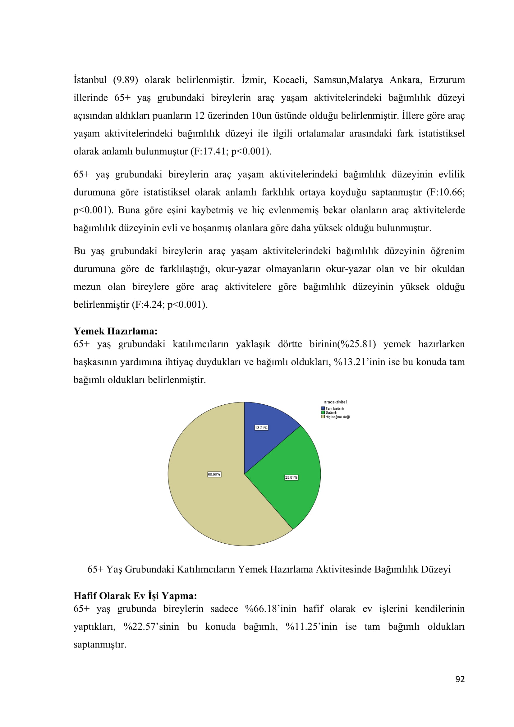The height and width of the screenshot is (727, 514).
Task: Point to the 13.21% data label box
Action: click(x=261, y=428)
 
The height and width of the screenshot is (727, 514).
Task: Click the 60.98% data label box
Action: click(x=214, y=474)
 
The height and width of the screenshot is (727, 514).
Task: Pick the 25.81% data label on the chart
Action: click(x=291, y=477)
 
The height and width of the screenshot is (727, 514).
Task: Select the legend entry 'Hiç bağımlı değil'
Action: click(x=337, y=417)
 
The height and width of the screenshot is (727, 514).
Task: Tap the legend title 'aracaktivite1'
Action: click(x=336, y=402)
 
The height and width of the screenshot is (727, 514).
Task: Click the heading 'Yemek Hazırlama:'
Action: click(x=116, y=331)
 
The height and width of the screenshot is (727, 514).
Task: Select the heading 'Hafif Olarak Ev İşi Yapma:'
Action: click(x=135, y=596)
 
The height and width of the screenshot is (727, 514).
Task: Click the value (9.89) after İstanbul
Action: click(x=125, y=80)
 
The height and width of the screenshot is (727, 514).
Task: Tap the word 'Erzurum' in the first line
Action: click(x=447, y=80)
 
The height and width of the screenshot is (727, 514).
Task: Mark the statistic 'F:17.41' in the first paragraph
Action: click(x=205, y=151)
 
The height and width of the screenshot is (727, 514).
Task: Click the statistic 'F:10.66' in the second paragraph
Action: click(x=446, y=192)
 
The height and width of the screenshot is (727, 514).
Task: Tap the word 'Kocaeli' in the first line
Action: click(x=290, y=80)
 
